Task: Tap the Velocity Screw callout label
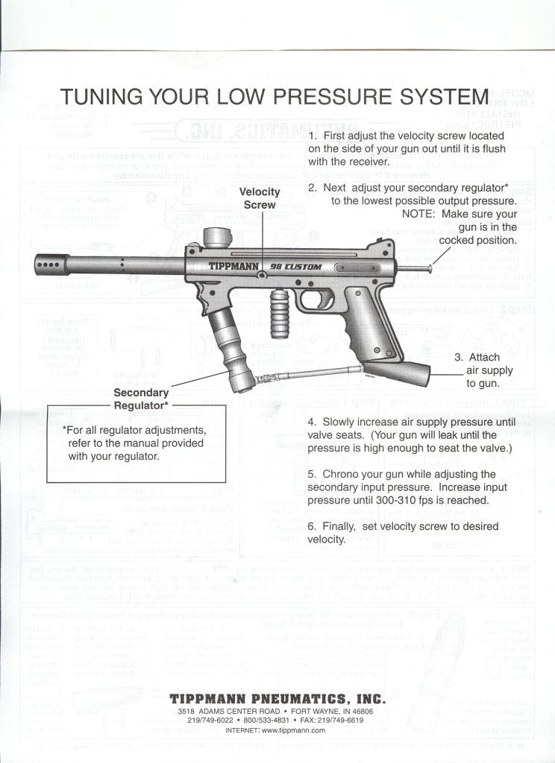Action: (x=260, y=198)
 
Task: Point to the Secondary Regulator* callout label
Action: (x=141, y=399)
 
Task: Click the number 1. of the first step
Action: (x=313, y=136)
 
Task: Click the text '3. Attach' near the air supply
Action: (x=477, y=358)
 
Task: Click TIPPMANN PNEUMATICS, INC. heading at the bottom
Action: (x=277, y=700)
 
